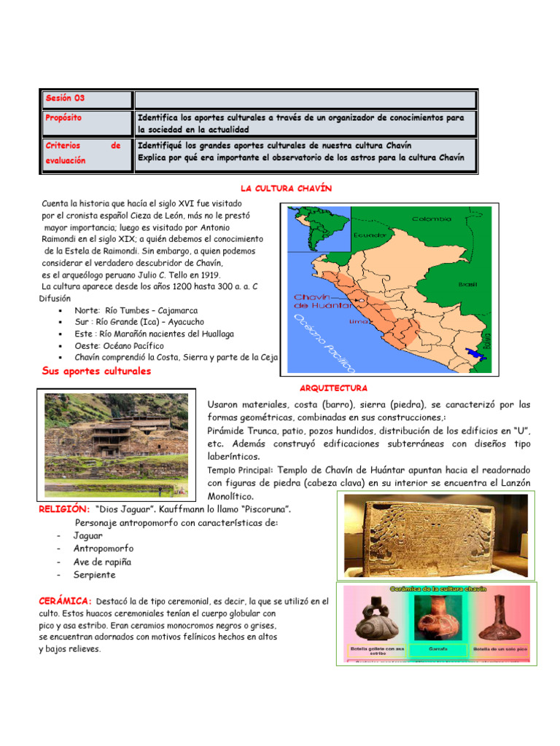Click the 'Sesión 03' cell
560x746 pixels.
pyautogui.click(x=65, y=98)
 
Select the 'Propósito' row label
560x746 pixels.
pyautogui.click(x=63, y=117)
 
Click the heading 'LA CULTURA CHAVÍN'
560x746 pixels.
pyautogui.click(x=286, y=189)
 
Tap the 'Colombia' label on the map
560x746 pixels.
pyautogui.click(x=432, y=219)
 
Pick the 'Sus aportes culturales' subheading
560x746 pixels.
pyautogui.click(x=96, y=371)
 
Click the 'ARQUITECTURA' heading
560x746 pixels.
pyautogui.click(x=333, y=388)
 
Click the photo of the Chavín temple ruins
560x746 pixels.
pyautogui.click(x=114, y=445)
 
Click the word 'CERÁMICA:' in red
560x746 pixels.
pyautogui.click(x=65, y=601)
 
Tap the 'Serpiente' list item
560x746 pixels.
pyautogui.click(x=94, y=575)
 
